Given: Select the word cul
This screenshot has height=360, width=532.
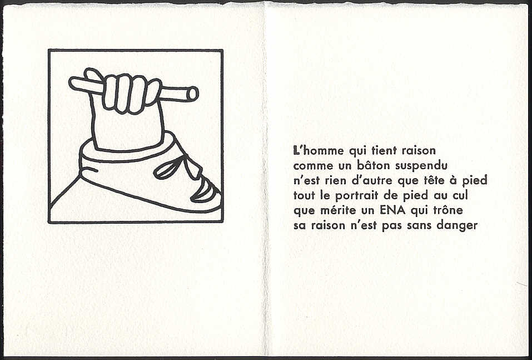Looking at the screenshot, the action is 460,196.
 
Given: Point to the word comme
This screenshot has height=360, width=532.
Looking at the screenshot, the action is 309,166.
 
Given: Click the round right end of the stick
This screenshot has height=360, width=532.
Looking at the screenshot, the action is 192,94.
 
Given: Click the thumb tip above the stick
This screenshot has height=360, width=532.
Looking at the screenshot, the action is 90,72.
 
